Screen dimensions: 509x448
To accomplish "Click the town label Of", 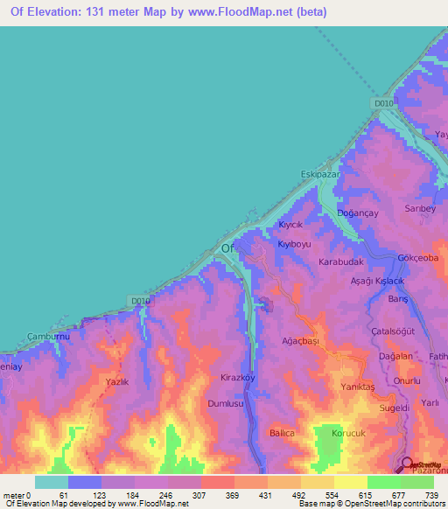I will click(228, 249).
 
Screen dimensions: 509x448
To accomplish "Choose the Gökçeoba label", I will click(417, 259).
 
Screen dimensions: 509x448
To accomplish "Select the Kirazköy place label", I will click(238, 376).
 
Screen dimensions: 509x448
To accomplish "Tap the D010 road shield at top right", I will click(383, 104).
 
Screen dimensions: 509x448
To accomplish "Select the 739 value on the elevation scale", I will click(430, 496).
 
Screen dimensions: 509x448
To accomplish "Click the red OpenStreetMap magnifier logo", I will click(409, 464).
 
